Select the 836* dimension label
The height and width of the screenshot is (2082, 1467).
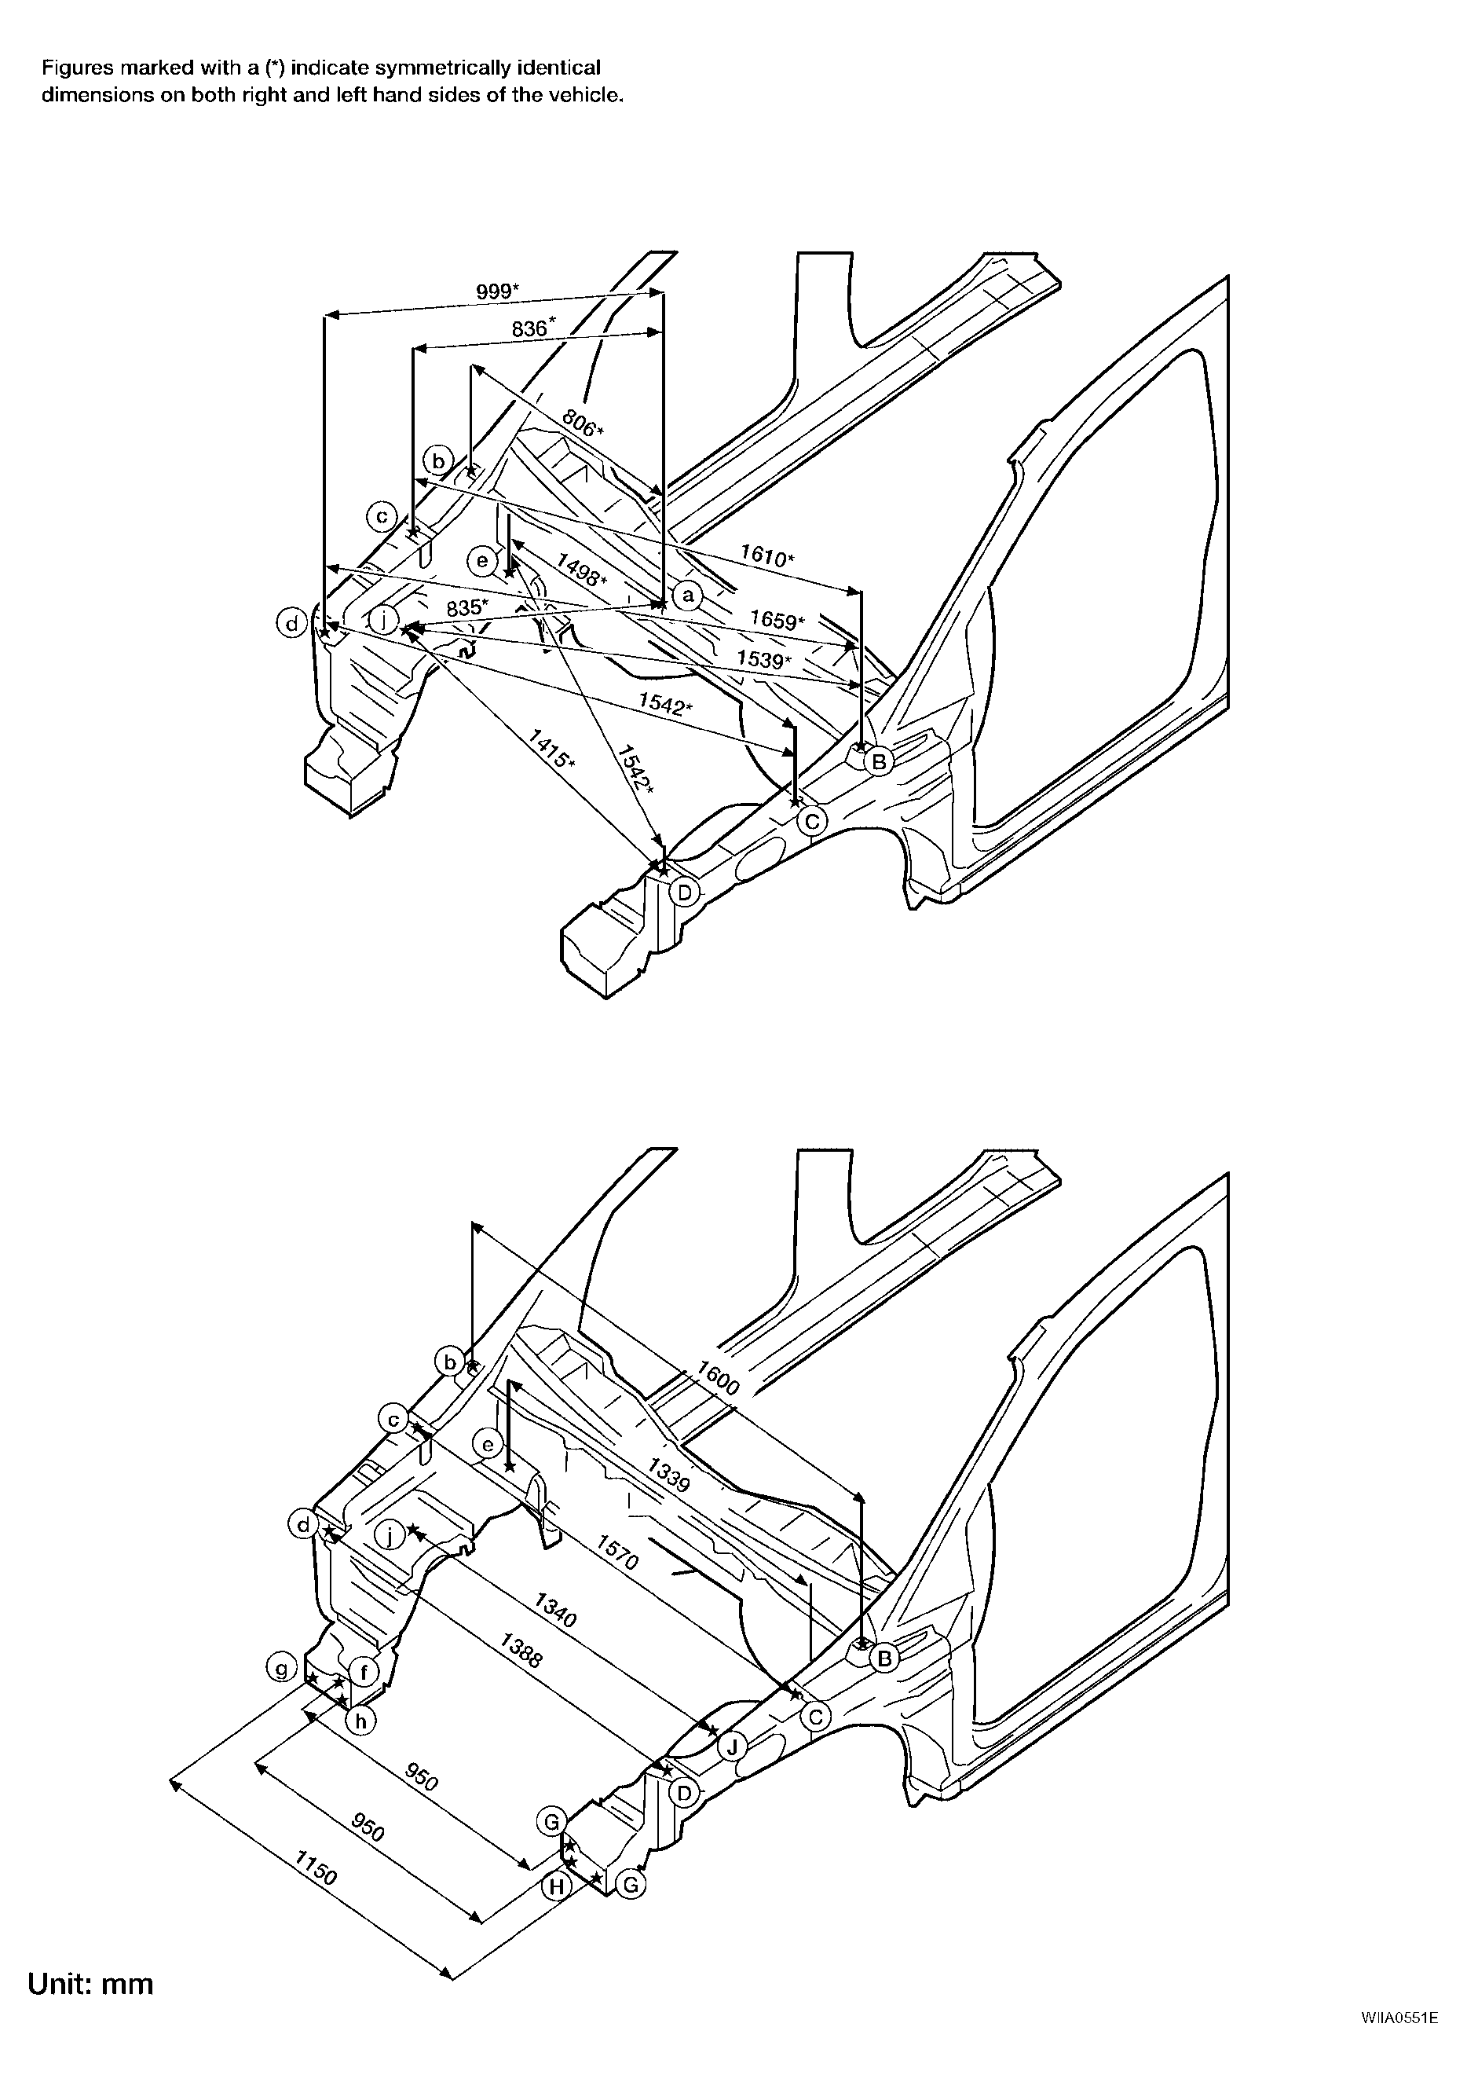(533, 328)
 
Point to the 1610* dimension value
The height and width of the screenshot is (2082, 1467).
(767, 555)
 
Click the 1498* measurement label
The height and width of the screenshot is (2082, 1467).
(581, 570)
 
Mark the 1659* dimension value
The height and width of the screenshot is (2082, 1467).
(777, 620)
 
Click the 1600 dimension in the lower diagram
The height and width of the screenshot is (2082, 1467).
(718, 1378)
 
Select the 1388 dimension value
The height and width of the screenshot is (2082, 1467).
(522, 1651)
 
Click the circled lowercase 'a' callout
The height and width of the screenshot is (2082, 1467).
(688, 595)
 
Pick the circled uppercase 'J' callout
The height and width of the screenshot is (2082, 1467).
(732, 1746)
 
